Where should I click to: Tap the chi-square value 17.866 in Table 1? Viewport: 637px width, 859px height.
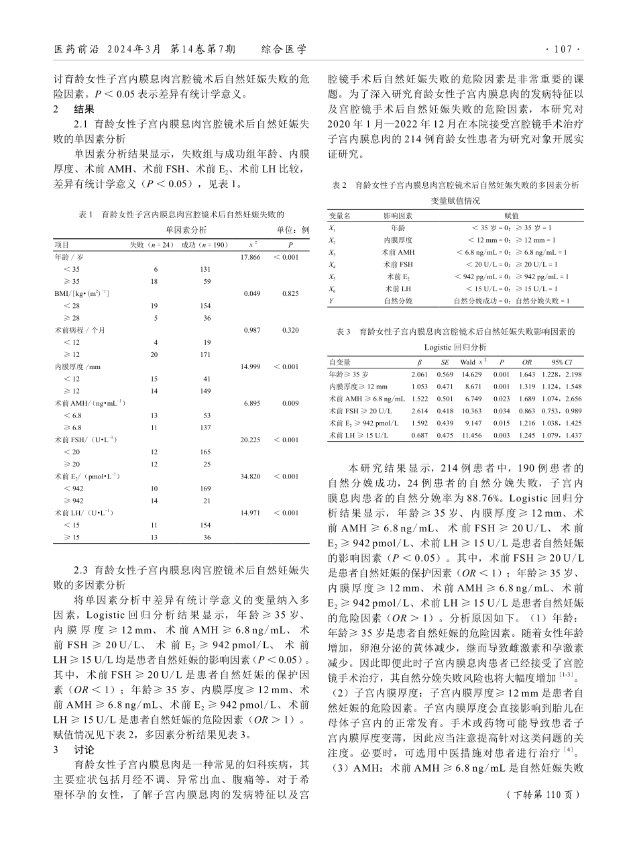coord(250,257)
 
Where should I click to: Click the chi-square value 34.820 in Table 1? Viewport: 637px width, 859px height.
coord(250,476)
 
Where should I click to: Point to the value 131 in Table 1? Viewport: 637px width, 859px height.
coord(206,269)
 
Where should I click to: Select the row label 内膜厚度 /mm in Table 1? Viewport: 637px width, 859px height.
coord(77,367)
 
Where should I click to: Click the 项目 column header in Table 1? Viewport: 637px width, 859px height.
coord(61,245)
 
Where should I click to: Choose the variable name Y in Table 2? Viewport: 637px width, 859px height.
coord(331,301)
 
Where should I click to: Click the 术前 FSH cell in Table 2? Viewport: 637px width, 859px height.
coord(398,264)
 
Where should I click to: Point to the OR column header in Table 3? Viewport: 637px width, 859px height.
coord(527,362)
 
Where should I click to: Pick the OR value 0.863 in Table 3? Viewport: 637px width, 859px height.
coord(527,411)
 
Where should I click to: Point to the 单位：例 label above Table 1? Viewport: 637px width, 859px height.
coord(293,230)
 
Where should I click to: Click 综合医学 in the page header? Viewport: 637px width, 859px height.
coord(284,50)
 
